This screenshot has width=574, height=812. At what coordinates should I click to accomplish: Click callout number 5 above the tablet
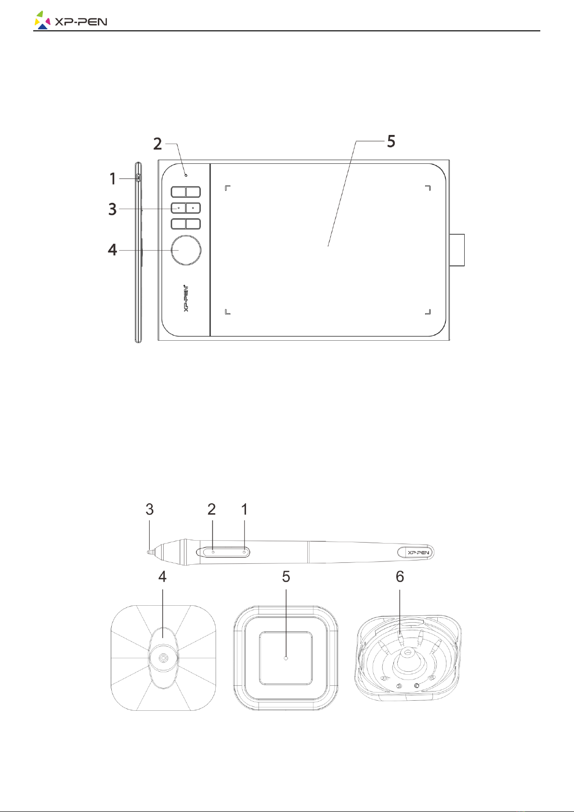(391, 141)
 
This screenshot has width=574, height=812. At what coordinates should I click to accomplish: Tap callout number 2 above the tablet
(157, 144)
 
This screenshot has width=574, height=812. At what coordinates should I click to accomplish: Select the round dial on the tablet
(186, 250)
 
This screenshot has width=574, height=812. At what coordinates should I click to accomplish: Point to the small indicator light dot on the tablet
(186, 175)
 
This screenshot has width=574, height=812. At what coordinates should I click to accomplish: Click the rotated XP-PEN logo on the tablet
(186, 298)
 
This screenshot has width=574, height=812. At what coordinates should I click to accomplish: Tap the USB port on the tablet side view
(139, 178)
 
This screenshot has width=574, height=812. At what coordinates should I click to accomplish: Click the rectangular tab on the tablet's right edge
(457, 250)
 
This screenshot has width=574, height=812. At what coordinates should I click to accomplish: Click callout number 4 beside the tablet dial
(113, 250)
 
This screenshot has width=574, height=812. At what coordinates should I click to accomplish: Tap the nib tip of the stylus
(148, 552)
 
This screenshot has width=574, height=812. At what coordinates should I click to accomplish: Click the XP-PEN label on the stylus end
(418, 552)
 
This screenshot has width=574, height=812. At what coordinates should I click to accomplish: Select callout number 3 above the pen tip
(150, 509)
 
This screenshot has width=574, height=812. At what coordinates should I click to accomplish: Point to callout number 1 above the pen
(245, 509)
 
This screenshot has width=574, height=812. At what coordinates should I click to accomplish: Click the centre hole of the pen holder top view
(163, 657)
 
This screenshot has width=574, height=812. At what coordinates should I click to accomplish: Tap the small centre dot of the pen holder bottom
(286, 658)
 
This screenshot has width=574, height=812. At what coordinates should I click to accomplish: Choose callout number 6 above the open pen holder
(400, 577)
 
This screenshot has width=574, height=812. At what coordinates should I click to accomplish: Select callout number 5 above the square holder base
(286, 577)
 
